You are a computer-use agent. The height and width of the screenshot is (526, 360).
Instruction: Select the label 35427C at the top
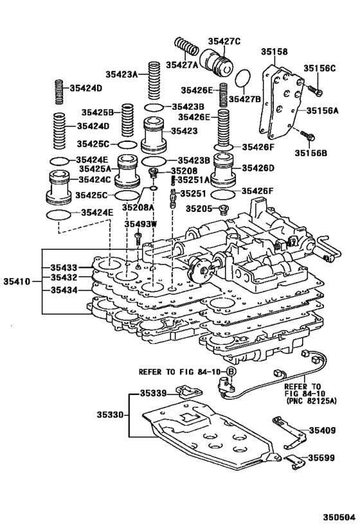[224, 41]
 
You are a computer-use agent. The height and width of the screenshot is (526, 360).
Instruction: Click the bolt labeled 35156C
[314, 87]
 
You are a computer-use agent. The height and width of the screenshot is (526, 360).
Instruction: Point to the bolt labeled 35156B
[308, 136]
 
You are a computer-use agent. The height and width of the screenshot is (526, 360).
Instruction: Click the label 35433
[64, 267]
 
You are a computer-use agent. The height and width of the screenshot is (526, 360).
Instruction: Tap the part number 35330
[107, 416]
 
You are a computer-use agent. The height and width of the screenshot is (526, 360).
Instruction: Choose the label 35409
[322, 430]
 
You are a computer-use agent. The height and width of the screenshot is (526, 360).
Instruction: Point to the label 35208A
[139, 207]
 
